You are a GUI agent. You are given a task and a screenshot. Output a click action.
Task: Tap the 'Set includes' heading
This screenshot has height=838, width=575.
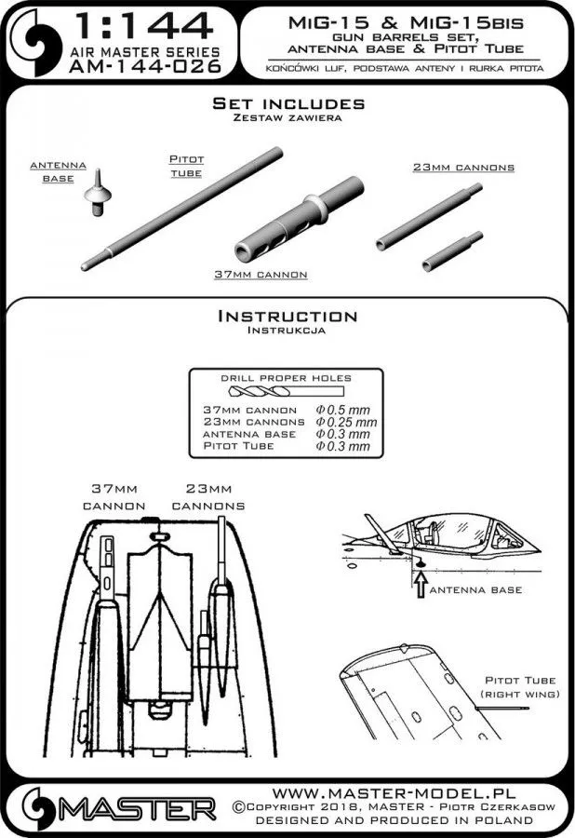point(287,103)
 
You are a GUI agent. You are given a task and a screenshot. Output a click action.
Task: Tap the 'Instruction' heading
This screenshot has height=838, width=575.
point(287,317)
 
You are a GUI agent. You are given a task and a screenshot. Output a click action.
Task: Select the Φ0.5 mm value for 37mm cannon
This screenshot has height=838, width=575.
point(342,410)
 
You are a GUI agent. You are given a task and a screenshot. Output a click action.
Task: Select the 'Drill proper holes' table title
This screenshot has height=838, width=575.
point(287,378)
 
